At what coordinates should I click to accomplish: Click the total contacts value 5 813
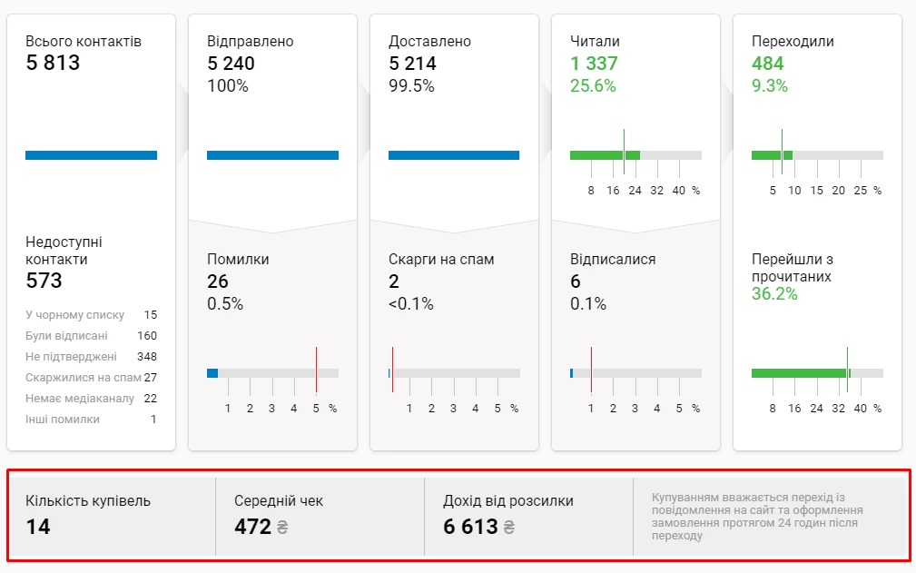click(53, 64)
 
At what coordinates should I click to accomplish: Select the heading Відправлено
click(251, 42)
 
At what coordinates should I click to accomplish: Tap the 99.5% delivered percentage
click(411, 86)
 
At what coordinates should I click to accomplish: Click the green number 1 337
click(594, 64)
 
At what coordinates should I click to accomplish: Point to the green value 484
click(768, 64)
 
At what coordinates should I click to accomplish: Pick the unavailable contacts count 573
click(44, 281)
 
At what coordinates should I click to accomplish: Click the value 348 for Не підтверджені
click(147, 357)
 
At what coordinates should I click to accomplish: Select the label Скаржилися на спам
click(84, 378)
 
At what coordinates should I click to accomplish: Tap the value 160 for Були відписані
click(147, 336)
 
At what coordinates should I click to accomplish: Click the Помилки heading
click(238, 260)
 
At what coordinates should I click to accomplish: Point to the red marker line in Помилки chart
click(316, 369)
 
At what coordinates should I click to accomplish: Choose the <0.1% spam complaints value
click(411, 304)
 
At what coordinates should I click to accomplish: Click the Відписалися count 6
click(576, 282)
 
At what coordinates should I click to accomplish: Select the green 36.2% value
click(774, 294)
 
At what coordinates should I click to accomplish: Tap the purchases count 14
click(38, 527)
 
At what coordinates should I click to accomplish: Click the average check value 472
click(252, 527)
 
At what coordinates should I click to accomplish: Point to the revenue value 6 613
click(470, 527)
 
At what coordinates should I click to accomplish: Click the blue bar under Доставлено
click(454, 155)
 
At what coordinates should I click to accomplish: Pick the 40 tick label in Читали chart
click(678, 191)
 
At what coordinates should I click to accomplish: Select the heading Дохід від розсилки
click(508, 501)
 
